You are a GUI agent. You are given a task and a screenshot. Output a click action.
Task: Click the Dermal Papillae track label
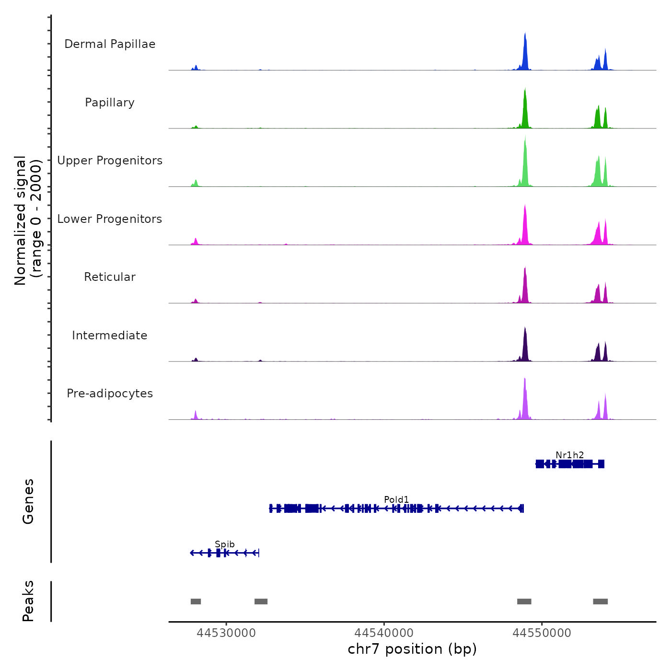click(110, 44)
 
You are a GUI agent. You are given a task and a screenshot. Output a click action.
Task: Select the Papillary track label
click(110, 103)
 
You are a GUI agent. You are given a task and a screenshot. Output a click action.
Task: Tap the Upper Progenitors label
click(110, 161)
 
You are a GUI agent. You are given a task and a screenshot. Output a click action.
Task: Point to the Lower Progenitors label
click(110, 219)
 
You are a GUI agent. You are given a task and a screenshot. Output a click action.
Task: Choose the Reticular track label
click(110, 277)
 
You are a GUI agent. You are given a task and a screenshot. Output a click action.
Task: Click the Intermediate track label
click(110, 335)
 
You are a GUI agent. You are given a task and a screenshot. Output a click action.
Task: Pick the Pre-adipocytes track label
click(110, 393)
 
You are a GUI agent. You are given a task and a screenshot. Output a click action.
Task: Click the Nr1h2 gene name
click(570, 455)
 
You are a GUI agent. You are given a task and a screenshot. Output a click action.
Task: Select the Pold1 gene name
click(396, 499)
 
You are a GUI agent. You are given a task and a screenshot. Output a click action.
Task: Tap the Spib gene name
click(225, 544)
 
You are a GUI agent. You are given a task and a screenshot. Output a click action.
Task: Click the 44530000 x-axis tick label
click(226, 633)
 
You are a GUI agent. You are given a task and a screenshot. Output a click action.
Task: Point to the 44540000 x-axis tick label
click(384, 633)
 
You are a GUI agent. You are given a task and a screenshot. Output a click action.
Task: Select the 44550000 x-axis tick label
click(542, 633)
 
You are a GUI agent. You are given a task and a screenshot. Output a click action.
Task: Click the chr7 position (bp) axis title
click(412, 649)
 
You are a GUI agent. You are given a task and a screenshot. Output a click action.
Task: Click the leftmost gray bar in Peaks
click(196, 602)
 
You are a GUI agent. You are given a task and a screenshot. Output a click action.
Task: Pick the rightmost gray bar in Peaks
click(600, 602)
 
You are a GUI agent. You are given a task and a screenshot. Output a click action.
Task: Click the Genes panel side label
click(28, 501)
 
